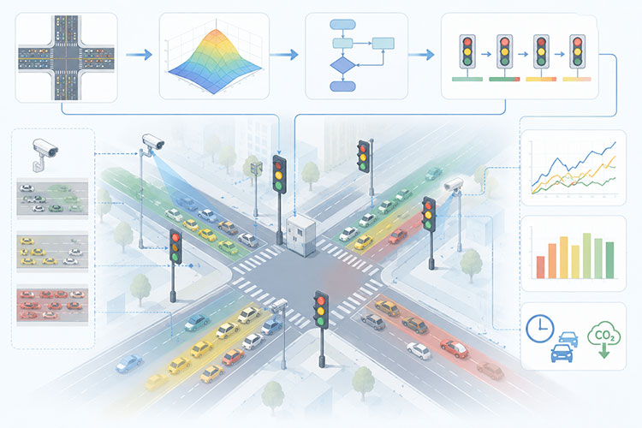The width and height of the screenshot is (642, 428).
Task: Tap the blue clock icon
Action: point(539,328)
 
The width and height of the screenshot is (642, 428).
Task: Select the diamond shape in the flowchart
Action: point(342,65)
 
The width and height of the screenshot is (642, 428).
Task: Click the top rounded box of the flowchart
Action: point(342,25)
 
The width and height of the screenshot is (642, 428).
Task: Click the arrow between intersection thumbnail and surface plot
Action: point(139,55)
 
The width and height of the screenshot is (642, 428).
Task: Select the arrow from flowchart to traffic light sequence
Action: point(421,54)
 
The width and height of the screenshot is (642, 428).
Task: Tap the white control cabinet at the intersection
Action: point(301,235)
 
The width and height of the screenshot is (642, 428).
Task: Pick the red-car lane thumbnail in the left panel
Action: point(52,305)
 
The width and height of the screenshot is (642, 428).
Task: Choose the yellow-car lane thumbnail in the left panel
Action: point(52,251)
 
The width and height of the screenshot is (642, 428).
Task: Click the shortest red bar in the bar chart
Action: point(540,267)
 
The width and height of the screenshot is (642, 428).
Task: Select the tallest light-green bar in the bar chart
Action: point(586,256)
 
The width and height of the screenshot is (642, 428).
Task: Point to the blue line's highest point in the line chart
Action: point(615,143)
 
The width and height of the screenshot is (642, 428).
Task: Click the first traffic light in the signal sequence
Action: point(467,52)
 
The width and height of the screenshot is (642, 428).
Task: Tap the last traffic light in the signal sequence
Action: point(577,52)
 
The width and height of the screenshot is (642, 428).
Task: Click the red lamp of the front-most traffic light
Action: point(321,301)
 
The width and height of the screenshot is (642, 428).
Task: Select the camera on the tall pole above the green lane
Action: point(153,142)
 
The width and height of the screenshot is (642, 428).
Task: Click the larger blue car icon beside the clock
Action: point(562,353)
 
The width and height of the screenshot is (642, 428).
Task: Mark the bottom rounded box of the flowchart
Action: point(342,86)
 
